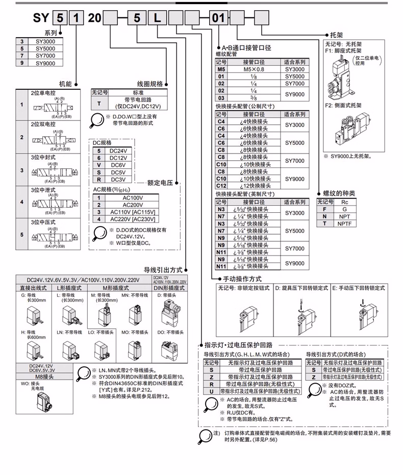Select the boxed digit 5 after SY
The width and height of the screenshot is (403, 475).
point(61,19)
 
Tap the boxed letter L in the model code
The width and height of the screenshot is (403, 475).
point(156,19)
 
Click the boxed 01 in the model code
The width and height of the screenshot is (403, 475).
point(218,19)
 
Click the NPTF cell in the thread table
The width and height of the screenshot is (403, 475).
point(344,223)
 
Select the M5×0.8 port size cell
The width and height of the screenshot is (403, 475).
point(254,69)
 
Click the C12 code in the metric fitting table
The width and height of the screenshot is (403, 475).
point(221,186)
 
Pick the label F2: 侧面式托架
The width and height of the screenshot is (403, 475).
point(343,105)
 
